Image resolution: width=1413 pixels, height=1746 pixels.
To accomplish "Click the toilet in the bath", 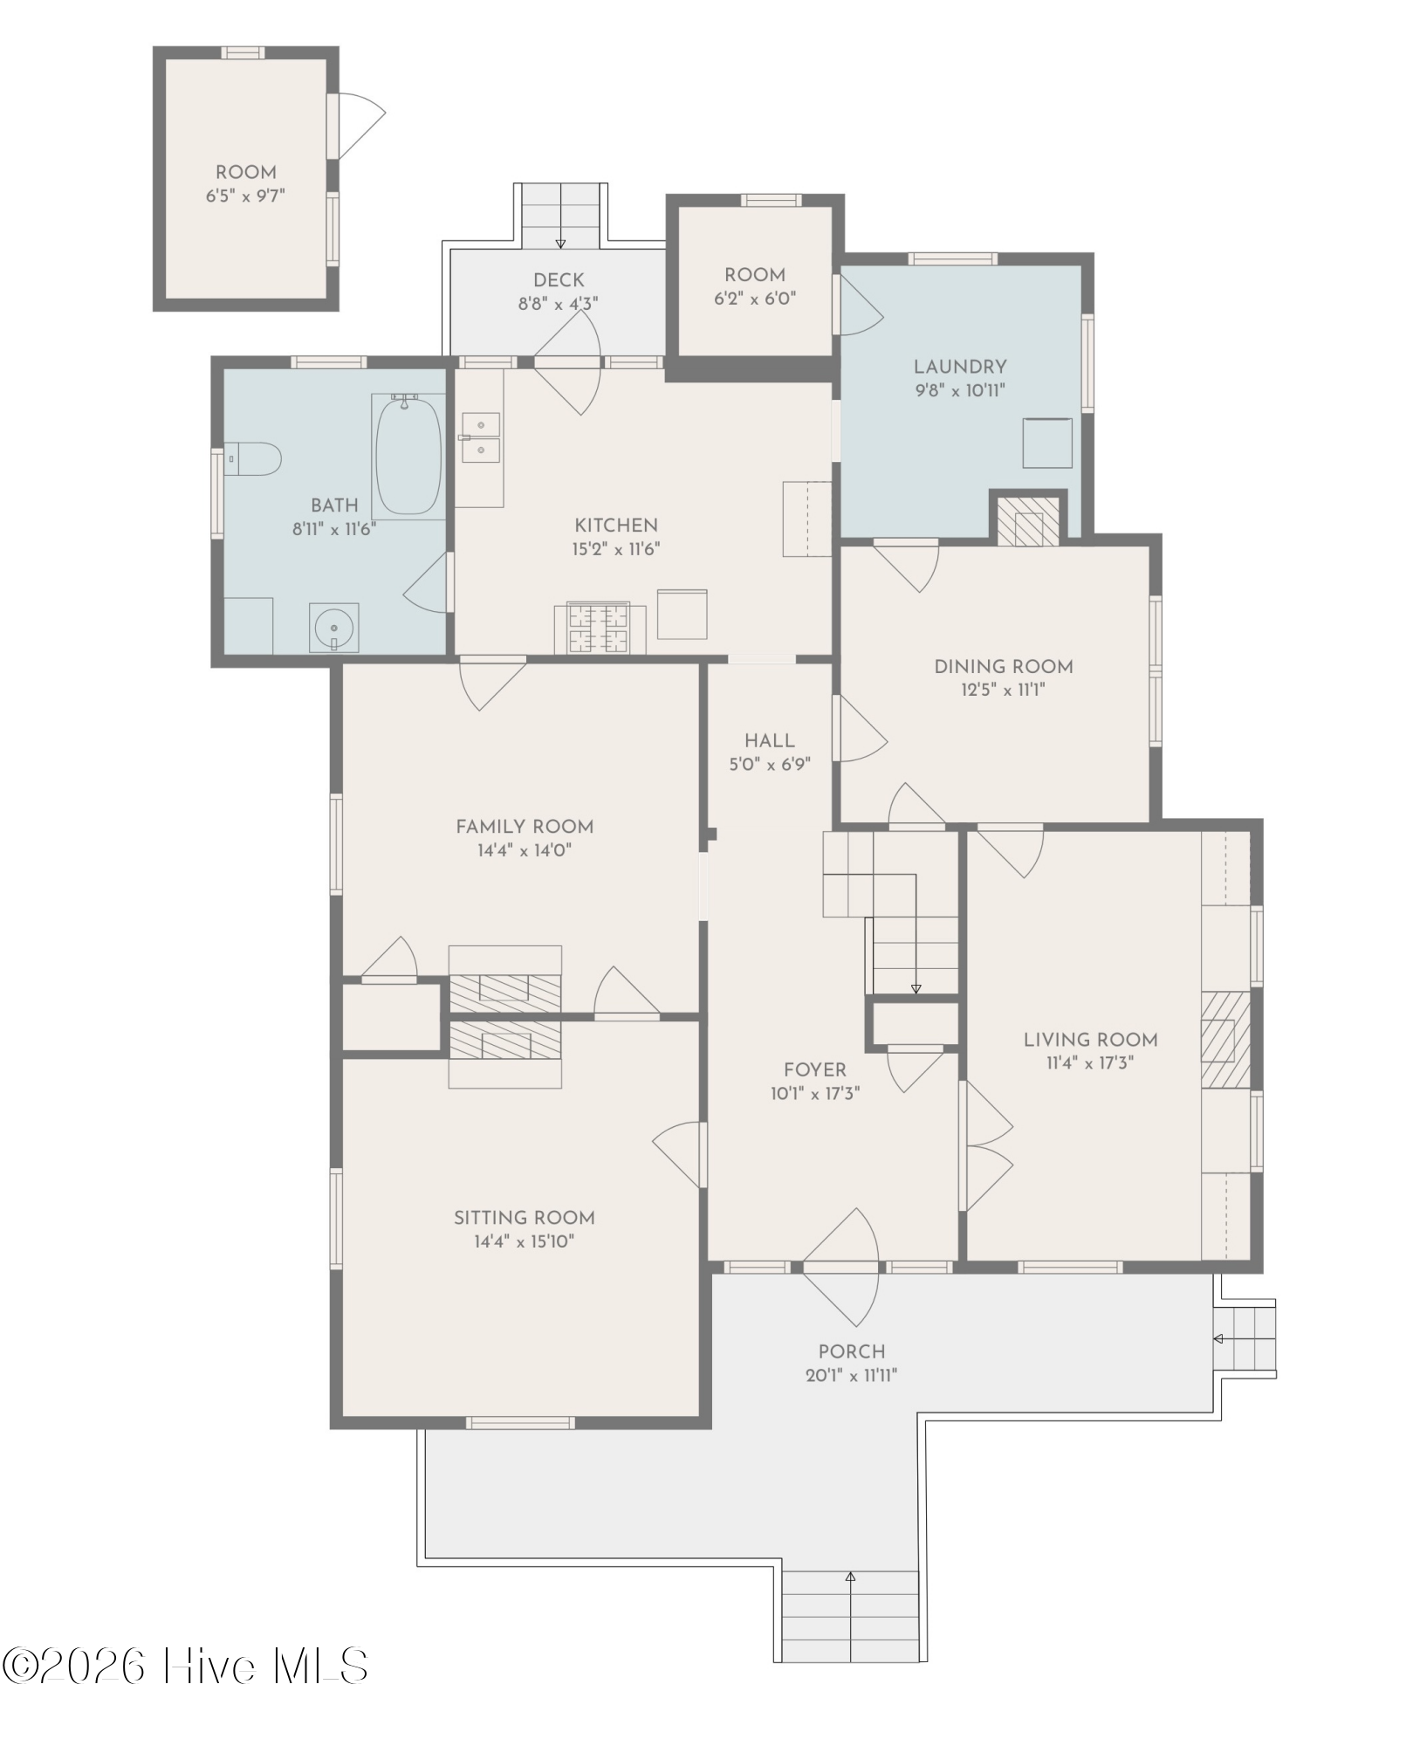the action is click(253, 458).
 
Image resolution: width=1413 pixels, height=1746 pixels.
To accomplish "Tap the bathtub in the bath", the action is click(408, 457).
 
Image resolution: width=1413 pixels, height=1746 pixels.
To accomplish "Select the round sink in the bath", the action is click(334, 627).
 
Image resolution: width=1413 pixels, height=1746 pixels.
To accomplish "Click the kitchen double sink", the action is click(481, 438).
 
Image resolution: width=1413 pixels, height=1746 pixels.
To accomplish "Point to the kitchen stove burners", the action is click(599, 628).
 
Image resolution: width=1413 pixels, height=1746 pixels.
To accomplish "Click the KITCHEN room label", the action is click(616, 526).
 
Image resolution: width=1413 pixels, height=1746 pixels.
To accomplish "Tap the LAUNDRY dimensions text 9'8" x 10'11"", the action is click(960, 390).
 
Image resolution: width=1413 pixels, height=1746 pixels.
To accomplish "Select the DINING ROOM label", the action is click(1004, 667).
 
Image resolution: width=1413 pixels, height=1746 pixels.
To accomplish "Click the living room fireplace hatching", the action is click(1225, 1040).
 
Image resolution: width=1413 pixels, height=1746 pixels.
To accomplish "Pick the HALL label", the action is click(770, 741).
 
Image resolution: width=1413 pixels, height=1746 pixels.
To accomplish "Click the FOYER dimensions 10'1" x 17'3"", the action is click(815, 1093).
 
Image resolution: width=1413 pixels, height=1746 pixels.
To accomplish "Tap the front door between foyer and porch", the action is click(840, 1267).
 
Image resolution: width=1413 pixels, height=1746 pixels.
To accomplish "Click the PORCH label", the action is click(852, 1352).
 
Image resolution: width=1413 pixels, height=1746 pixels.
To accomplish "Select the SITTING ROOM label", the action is click(525, 1218).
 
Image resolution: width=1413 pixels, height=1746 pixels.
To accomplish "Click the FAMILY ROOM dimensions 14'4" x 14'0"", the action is click(525, 850).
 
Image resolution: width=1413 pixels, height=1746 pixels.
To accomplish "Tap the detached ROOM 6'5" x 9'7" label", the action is click(246, 184).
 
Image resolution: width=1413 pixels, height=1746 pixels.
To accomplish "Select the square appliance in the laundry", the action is click(1047, 443).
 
